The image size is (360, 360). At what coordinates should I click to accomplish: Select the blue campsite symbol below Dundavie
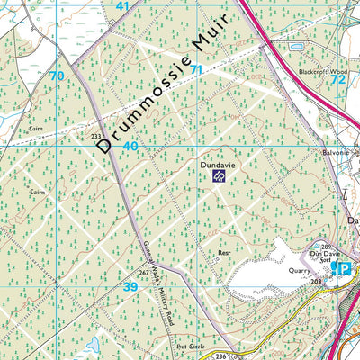(219, 177)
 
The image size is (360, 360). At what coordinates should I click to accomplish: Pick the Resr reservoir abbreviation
(225, 255)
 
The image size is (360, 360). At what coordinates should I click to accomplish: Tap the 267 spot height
(141, 273)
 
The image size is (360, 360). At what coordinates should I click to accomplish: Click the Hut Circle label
(188, 345)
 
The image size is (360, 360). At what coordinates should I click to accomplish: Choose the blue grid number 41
(122, 6)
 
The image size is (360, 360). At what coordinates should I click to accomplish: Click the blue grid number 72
(337, 79)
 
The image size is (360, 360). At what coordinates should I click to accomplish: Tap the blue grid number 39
(130, 286)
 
